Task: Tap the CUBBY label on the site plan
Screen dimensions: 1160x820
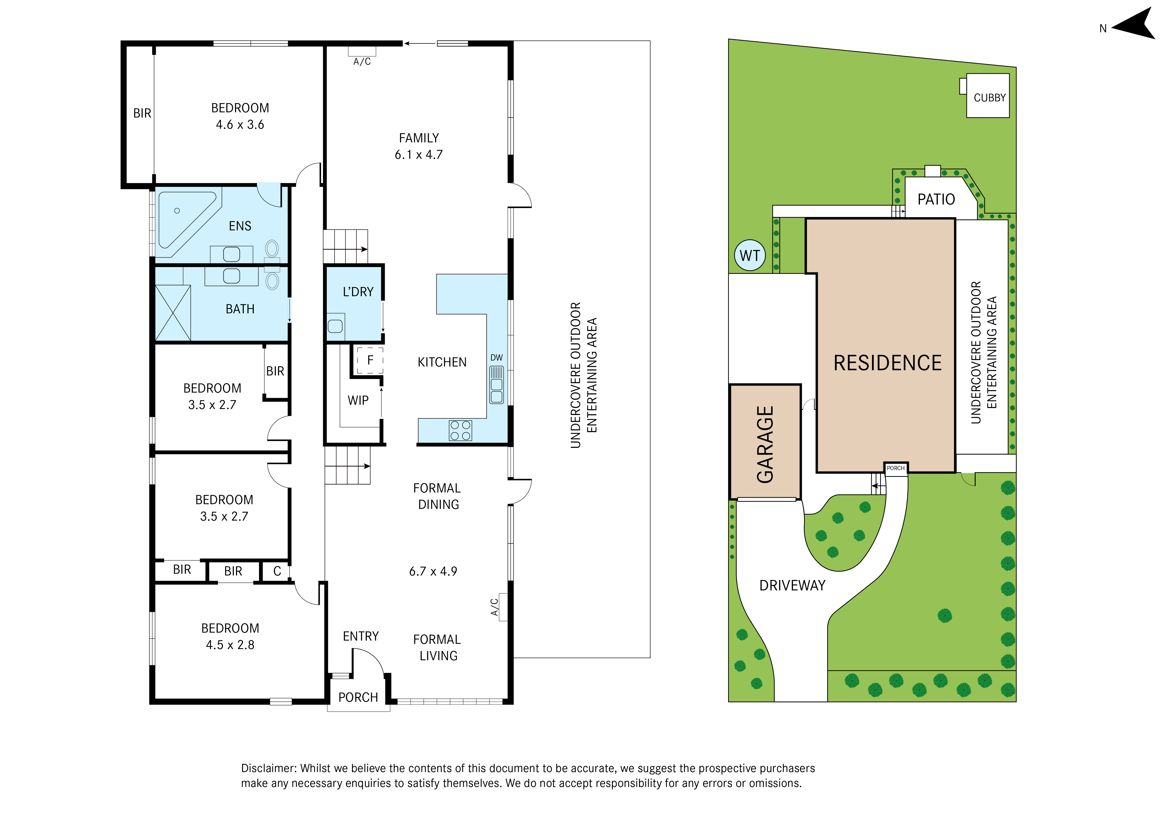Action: click(989, 97)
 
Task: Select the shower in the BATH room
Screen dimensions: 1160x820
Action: click(173, 313)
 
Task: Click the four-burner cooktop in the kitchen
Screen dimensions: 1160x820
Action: click(460, 430)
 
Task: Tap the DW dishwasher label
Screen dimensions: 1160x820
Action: click(497, 357)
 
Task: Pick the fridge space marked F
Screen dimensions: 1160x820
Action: click(370, 360)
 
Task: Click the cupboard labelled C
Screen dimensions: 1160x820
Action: click(277, 571)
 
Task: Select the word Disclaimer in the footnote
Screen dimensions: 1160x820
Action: click(269, 768)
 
